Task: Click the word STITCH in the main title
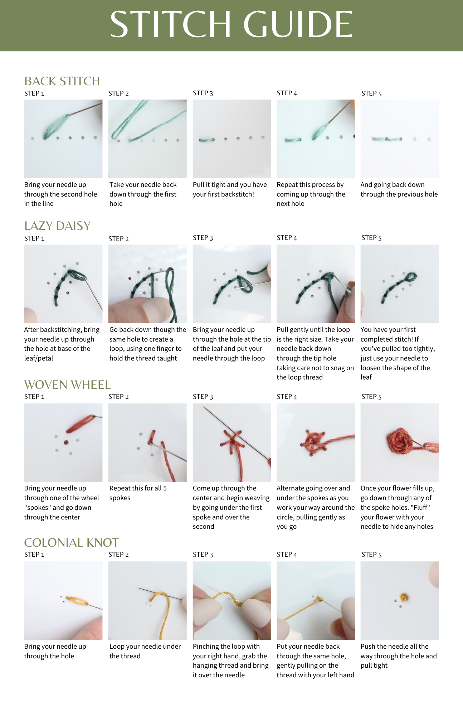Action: (x=171, y=24)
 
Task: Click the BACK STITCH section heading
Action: (x=62, y=81)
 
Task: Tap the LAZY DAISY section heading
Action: (x=57, y=226)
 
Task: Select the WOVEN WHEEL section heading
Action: (x=67, y=385)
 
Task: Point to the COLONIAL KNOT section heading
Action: (x=71, y=543)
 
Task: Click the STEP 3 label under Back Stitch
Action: (x=203, y=93)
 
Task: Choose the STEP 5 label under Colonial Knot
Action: (x=371, y=555)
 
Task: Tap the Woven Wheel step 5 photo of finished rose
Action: (x=400, y=442)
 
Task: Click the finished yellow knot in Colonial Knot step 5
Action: (x=404, y=597)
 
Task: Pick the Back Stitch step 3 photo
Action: (x=232, y=139)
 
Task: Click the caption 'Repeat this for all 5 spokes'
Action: (x=138, y=493)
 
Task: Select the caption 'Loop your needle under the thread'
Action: (x=145, y=651)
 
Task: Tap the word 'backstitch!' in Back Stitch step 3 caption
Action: (x=238, y=194)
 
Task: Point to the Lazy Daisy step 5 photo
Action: (x=400, y=284)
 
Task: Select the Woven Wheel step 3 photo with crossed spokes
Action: (x=232, y=442)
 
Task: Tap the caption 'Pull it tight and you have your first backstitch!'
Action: (x=230, y=189)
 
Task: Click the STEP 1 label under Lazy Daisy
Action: (x=34, y=238)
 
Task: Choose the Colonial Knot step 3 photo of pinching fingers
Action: (x=232, y=600)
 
